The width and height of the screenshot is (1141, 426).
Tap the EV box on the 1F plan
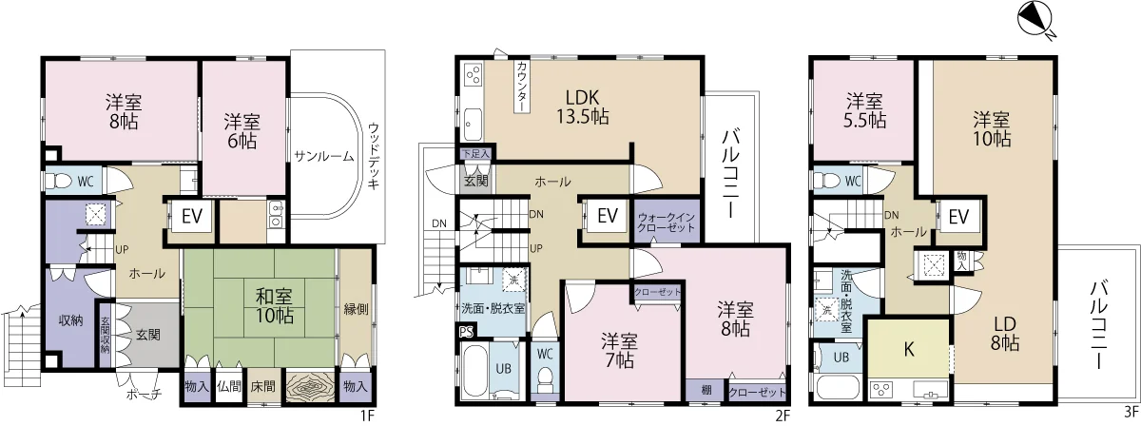pos(192,217)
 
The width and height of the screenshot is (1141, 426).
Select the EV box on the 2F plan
pos(608,216)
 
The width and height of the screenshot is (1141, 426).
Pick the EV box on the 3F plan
pos(958,217)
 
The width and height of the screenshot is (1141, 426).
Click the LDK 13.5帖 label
pos(582,107)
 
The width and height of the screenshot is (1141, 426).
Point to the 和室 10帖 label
pos(274,306)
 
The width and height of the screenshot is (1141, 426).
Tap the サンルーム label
pos(323,157)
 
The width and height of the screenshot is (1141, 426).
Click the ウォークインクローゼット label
pos(666,223)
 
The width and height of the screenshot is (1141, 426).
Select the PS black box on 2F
pos(466,332)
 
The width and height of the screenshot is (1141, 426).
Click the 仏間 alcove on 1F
pos(229,387)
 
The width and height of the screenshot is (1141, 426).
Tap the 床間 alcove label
pos(262,386)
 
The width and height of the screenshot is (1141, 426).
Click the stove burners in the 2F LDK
pos(473,74)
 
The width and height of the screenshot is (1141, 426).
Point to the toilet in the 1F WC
pos(60,182)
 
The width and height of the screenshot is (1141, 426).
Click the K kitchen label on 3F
pos(909,350)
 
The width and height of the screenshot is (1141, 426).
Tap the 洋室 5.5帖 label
pos(864,110)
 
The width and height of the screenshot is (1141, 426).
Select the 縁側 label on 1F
pos(356,309)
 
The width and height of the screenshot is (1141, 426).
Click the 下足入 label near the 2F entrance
pos(475,153)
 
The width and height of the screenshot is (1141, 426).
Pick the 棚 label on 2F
pos(706,391)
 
